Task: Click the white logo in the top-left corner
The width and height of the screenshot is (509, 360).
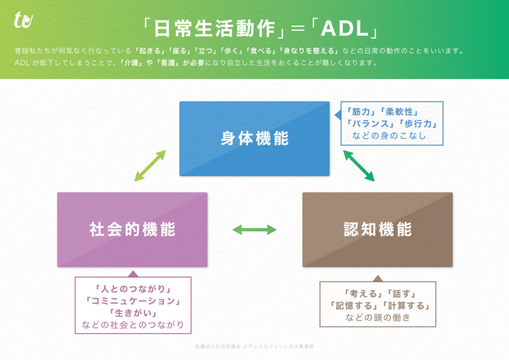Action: (23, 20)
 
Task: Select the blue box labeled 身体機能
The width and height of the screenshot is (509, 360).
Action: (254, 139)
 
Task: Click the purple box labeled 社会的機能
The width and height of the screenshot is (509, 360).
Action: (132, 230)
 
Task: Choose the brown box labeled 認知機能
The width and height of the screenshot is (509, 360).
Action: (377, 230)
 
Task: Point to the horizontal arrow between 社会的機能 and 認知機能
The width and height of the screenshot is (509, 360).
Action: (254, 229)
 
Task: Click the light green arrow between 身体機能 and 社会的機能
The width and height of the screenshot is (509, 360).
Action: (150, 165)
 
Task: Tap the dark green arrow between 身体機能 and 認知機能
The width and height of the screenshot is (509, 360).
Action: (358, 165)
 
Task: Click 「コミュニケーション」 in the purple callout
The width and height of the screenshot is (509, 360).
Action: (133, 301)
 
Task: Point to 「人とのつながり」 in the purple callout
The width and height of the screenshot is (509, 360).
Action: (133, 288)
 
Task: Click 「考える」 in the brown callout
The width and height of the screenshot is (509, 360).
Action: (362, 294)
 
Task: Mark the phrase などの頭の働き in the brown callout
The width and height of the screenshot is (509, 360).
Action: (378, 318)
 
